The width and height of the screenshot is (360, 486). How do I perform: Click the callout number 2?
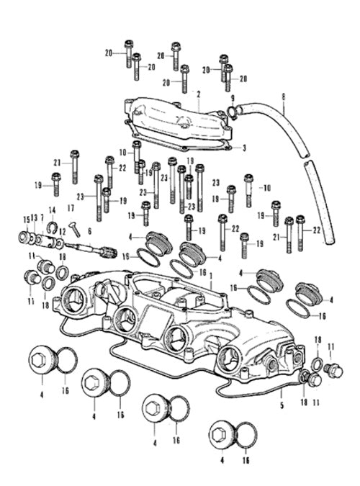point(199,94)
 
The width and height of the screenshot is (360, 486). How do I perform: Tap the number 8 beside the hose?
point(284,96)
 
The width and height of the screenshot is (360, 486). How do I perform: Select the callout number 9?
point(233,99)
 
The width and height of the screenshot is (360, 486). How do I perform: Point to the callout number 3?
point(244,148)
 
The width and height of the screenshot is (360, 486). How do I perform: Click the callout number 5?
point(282,405)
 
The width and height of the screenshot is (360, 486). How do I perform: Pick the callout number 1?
point(211,276)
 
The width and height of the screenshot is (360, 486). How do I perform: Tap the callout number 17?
point(71,208)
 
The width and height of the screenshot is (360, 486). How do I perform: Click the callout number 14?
point(53,210)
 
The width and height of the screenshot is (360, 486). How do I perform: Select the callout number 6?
point(89,231)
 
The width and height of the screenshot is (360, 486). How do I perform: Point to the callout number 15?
point(27,220)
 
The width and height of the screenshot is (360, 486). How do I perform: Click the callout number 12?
point(63,231)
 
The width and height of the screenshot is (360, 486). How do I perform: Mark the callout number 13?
point(34,217)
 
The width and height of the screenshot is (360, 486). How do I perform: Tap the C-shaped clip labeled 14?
point(52,228)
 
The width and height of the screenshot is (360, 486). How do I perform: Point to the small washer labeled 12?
point(60,243)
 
